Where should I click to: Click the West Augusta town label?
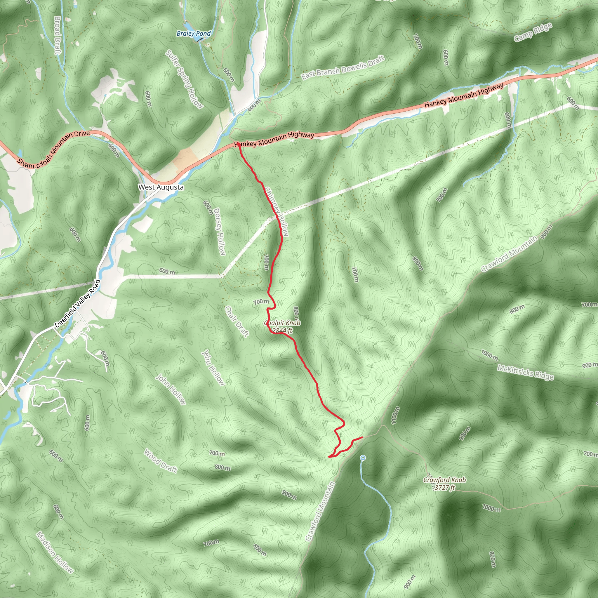[x=161, y=187]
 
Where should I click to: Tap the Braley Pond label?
[x=194, y=33]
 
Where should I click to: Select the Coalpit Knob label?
[x=282, y=323]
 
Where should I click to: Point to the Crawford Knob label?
[x=444, y=480]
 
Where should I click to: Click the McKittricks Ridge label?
[x=525, y=372]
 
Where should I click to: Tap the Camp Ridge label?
[x=533, y=32]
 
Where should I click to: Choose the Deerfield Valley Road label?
[x=77, y=304]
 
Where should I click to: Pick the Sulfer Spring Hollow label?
[x=185, y=79]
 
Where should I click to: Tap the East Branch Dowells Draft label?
[x=343, y=67]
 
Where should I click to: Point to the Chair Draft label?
[x=237, y=321]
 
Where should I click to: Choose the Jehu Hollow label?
[x=213, y=368]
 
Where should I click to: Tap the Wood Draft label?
[x=161, y=461]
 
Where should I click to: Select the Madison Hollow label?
[x=55, y=552]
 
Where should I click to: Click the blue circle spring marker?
[x=363, y=458]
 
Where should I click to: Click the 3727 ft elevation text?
[x=444, y=488]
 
